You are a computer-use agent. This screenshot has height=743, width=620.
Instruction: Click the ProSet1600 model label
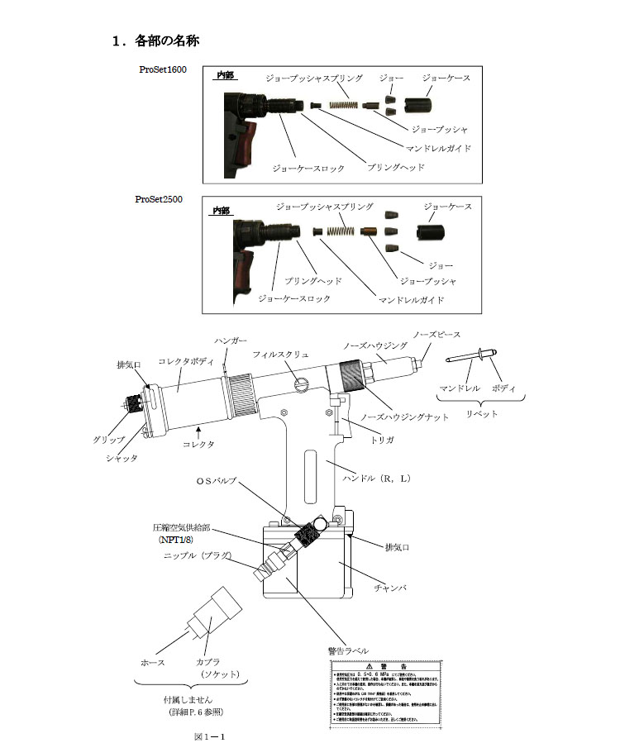click(162, 70)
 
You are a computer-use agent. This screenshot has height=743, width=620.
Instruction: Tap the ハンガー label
click(231, 341)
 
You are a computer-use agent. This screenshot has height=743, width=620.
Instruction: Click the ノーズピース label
click(436, 335)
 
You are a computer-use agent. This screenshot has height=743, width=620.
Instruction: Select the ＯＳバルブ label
click(216, 480)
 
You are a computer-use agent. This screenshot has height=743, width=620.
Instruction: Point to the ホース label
click(153, 663)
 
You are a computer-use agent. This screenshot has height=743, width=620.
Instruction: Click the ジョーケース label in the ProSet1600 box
click(446, 78)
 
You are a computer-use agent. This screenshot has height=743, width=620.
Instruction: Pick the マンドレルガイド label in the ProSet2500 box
click(411, 300)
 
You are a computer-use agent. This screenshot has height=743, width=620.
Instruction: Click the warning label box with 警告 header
click(379, 693)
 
